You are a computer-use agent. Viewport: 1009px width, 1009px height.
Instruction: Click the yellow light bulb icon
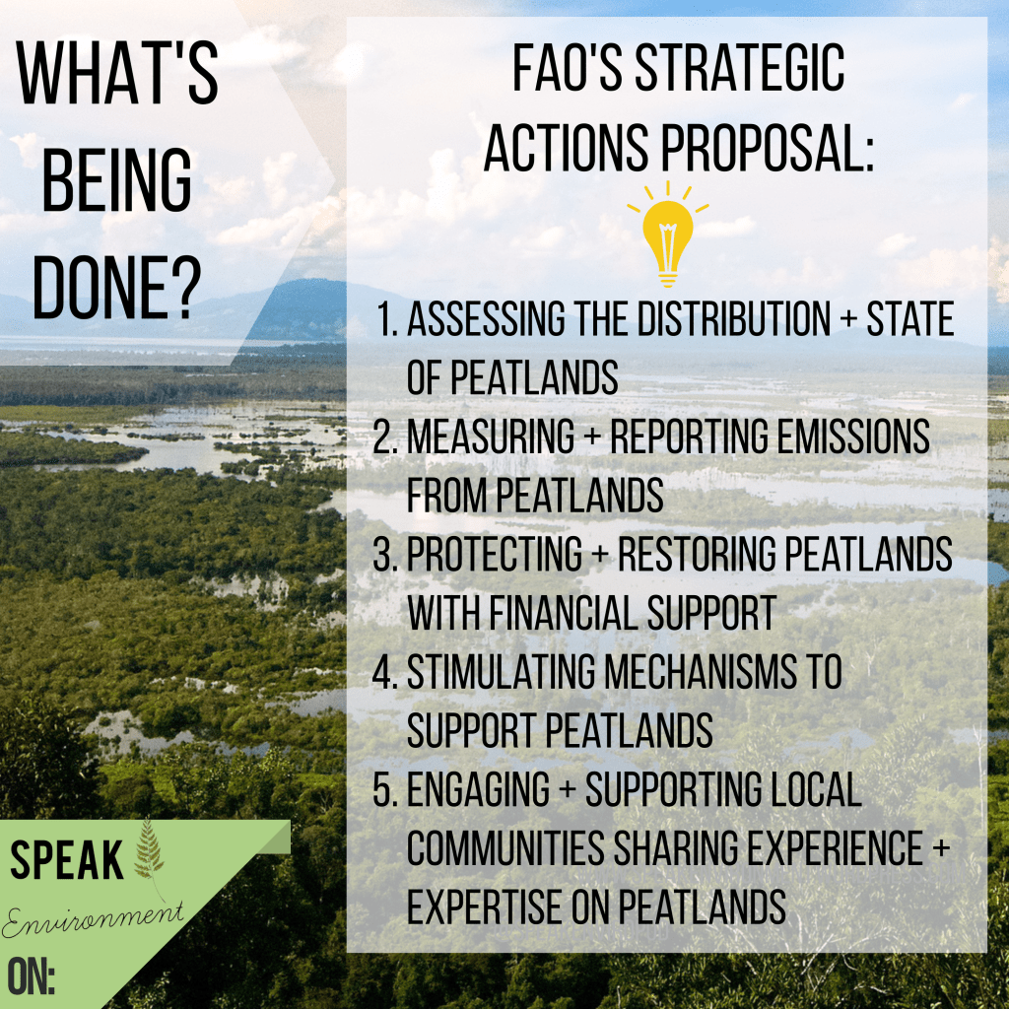tap(667, 235)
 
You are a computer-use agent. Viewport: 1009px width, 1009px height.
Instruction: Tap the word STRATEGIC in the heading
tap(740, 68)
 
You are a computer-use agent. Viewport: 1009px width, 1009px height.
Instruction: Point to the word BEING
tap(116, 179)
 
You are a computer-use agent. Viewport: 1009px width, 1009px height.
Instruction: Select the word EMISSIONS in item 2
tap(853, 437)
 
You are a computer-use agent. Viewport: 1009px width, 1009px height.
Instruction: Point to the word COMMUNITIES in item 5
tap(505, 848)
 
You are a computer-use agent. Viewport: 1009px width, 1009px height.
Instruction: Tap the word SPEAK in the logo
tap(66, 859)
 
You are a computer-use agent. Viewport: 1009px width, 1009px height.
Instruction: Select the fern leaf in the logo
tap(150, 857)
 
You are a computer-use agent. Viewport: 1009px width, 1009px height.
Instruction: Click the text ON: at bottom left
tap(31, 976)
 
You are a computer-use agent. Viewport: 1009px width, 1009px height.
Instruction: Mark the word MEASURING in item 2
tap(491, 437)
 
